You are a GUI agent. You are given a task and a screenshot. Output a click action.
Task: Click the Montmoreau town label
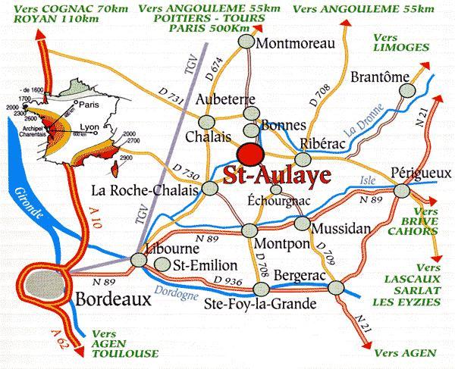[x=295, y=44]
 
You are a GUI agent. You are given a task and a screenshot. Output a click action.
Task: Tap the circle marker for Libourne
[x=140, y=260]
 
